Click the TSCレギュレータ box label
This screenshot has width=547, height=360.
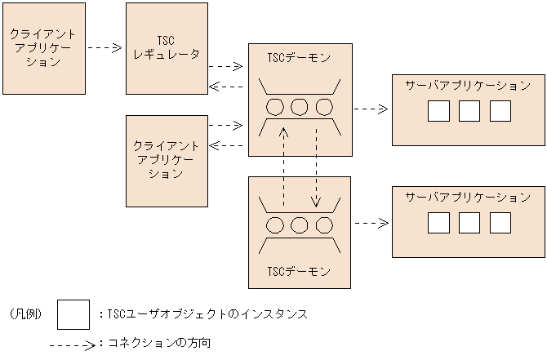tap(167, 47)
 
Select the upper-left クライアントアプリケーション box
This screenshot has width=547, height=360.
tap(44, 48)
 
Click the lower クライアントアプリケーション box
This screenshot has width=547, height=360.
tap(167, 160)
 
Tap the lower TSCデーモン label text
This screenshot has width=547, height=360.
tap(300, 270)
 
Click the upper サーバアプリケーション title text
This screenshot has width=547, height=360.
tap(468, 86)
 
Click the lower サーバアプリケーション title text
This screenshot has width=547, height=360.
tap(468, 198)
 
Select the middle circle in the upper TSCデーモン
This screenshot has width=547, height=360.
tap(300, 107)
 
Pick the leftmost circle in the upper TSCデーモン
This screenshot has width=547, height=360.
tap(275, 107)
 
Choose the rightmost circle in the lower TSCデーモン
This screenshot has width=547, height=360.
tap(325, 224)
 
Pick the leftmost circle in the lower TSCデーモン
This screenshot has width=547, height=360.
tap(275, 224)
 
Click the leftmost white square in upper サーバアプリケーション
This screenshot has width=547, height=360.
tap(438, 111)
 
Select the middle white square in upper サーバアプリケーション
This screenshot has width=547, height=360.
tap(469, 111)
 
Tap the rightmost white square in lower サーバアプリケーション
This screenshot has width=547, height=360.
tap(500, 223)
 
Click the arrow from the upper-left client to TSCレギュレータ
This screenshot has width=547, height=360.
tap(105, 48)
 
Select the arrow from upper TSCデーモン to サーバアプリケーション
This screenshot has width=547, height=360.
tap(371, 108)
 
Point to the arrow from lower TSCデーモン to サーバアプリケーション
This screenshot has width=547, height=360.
tap(371, 222)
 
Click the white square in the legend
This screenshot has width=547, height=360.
tap(73, 313)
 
